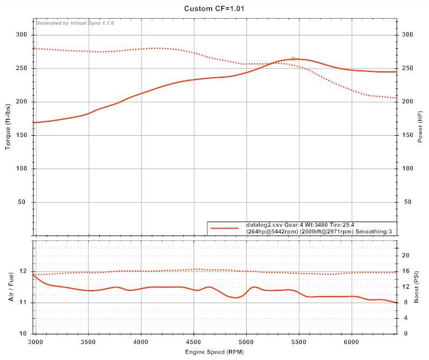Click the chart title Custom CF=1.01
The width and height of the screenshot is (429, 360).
(x=214, y=9)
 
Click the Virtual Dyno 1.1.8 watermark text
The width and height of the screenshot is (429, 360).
(x=75, y=23)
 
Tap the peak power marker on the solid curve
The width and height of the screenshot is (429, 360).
(x=293, y=58)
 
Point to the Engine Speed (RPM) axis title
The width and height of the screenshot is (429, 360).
(x=215, y=352)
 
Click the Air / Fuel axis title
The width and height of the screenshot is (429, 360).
(x=12, y=287)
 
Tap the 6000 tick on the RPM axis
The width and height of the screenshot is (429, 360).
(x=352, y=341)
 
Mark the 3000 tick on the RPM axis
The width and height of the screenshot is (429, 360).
(x=36, y=341)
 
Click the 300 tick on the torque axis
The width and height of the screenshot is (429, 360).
(x=23, y=35)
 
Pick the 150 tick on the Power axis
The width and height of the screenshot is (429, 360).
(x=408, y=135)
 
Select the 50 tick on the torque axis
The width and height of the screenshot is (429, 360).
(x=24, y=202)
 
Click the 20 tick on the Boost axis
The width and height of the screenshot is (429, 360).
(x=406, y=255)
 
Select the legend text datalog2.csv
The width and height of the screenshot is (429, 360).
(x=263, y=225)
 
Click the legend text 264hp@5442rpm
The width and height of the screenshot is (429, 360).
(x=272, y=231)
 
